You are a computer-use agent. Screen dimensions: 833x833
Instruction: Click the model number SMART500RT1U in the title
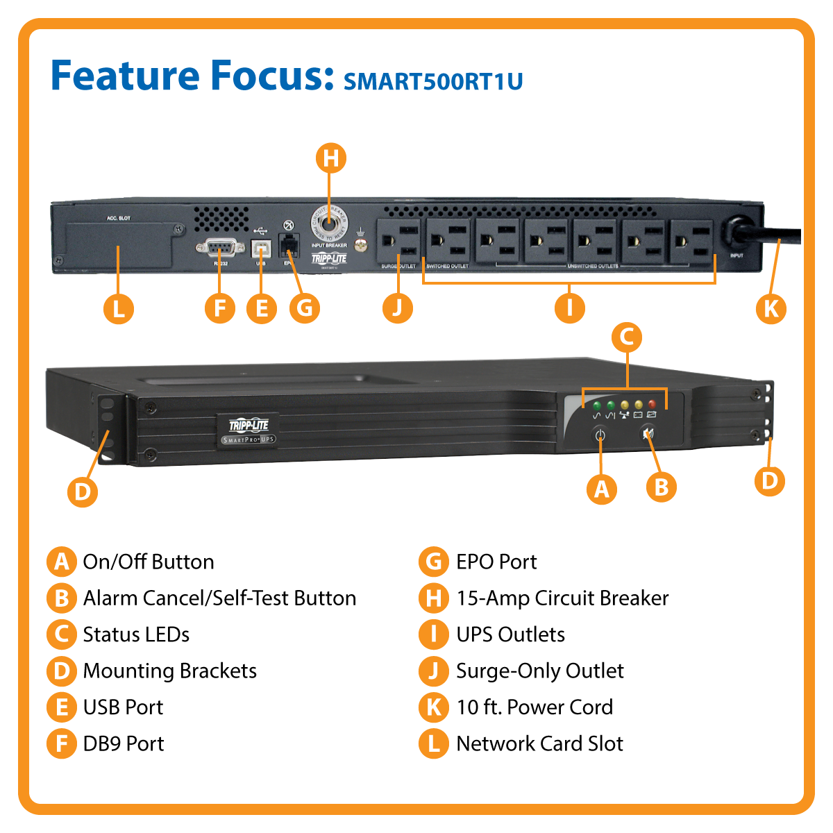(x=433, y=81)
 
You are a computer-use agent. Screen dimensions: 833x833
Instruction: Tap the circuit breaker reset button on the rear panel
(x=329, y=222)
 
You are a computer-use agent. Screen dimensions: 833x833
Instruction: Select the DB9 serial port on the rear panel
(x=220, y=247)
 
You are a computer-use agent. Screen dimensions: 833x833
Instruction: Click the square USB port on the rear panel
(x=262, y=249)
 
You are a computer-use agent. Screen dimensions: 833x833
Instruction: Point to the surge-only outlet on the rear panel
(x=398, y=241)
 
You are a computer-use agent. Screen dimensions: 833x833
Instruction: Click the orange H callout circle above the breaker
(x=331, y=158)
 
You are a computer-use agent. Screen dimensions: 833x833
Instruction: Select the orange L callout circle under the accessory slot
(x=119, y=308)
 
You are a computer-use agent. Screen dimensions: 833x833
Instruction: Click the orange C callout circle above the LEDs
(x=627, y=337)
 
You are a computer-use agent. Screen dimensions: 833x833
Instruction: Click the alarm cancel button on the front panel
(x=648, y=434)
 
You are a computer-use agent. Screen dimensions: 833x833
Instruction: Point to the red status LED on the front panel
(x=652, y=404)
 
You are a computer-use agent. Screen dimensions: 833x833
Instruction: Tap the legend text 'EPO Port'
(x=496, y=562)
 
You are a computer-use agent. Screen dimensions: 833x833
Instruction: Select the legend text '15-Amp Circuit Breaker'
(x=562, y=598)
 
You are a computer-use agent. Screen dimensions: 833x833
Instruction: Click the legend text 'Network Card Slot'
(x=539, y=743)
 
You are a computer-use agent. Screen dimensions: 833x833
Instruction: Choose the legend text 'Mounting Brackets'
(x=169, y=671)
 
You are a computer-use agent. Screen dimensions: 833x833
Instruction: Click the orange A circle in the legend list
(x=62, y=562)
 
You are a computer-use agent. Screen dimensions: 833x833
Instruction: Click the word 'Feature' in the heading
(x=126, y=76)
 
